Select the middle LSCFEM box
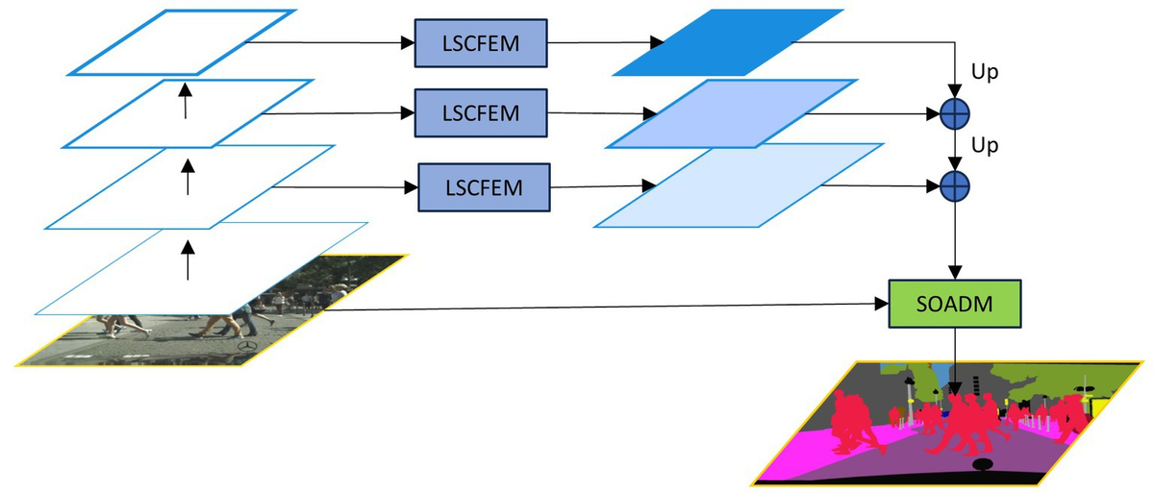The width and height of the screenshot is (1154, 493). coord(479,113)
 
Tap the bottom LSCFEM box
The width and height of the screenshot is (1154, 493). coord(483,186)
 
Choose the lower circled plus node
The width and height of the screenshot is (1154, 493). coord(953,185)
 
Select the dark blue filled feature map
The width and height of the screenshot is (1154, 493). coord(727,42)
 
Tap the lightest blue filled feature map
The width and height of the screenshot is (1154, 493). coord(739,185)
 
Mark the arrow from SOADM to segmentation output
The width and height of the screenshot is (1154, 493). coord(954,360)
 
